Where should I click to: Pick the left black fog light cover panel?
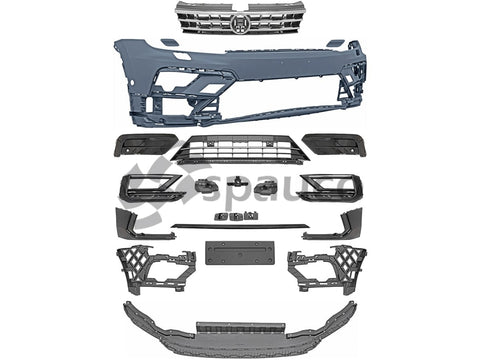click(151, 143)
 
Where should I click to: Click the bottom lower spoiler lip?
click(240, 325)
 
